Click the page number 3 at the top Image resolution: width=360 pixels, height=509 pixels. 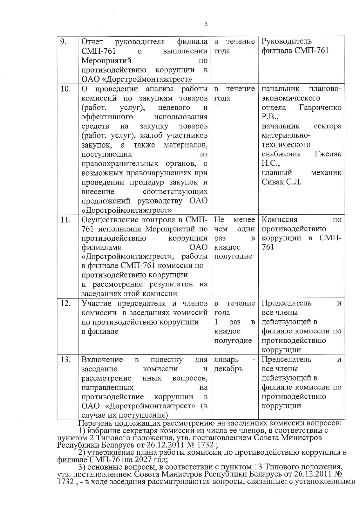(206, 24)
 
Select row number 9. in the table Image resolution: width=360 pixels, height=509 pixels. (64, 41)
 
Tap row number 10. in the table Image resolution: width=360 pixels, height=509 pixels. (66, 89)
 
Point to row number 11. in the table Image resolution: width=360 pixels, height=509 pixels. (66, 220)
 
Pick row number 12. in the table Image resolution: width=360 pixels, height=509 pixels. (66, 303)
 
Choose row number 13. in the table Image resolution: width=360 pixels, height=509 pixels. (66, 360)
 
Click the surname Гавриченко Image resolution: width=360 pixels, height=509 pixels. (320, 108)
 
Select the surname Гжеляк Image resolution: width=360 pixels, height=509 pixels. (328, 154)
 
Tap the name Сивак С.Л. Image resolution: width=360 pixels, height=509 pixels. (281, 182)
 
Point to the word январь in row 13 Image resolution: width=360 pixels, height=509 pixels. (226, 360)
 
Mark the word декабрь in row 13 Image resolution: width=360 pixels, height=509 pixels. (228, 369)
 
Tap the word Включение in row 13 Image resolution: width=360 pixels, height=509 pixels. (102, 360)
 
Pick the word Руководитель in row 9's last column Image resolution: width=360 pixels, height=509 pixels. (286, 41)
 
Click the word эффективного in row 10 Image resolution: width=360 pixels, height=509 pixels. (107, 117)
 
